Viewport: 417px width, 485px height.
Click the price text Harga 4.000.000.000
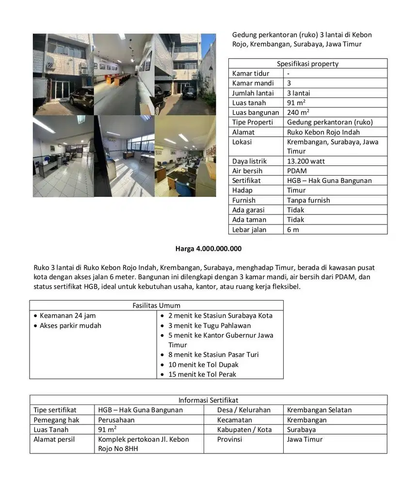[x=208, y=249]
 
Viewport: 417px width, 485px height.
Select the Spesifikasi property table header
[x=307, y=64]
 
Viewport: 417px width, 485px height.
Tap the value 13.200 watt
[x=306, y=161]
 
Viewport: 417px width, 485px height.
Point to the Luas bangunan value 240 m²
[x=298, y=113]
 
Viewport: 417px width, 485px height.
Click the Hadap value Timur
[x=296, y=190]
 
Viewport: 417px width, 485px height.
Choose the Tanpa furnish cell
[x=308, y=200]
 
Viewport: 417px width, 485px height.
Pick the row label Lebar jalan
[x=249, y=229]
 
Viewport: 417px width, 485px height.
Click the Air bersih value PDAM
[x=297, y=171]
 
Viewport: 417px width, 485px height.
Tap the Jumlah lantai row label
[x=253, y=93]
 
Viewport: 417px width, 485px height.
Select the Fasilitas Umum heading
[x=156, y=306]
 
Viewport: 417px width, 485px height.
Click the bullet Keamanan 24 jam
[x=67, y=316]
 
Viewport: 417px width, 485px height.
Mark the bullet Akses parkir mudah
[x=70, y=325]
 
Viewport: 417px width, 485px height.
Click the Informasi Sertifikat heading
[x=208, y=400]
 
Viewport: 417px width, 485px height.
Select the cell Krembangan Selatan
[x=319, y=410]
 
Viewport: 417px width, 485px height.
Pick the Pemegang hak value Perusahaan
[x=116, y=420]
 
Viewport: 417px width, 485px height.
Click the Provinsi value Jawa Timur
[x=305, y=439]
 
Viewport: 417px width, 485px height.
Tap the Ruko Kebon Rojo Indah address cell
[x=323, y=132]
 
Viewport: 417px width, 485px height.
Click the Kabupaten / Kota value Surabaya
[x=301, y=430]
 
